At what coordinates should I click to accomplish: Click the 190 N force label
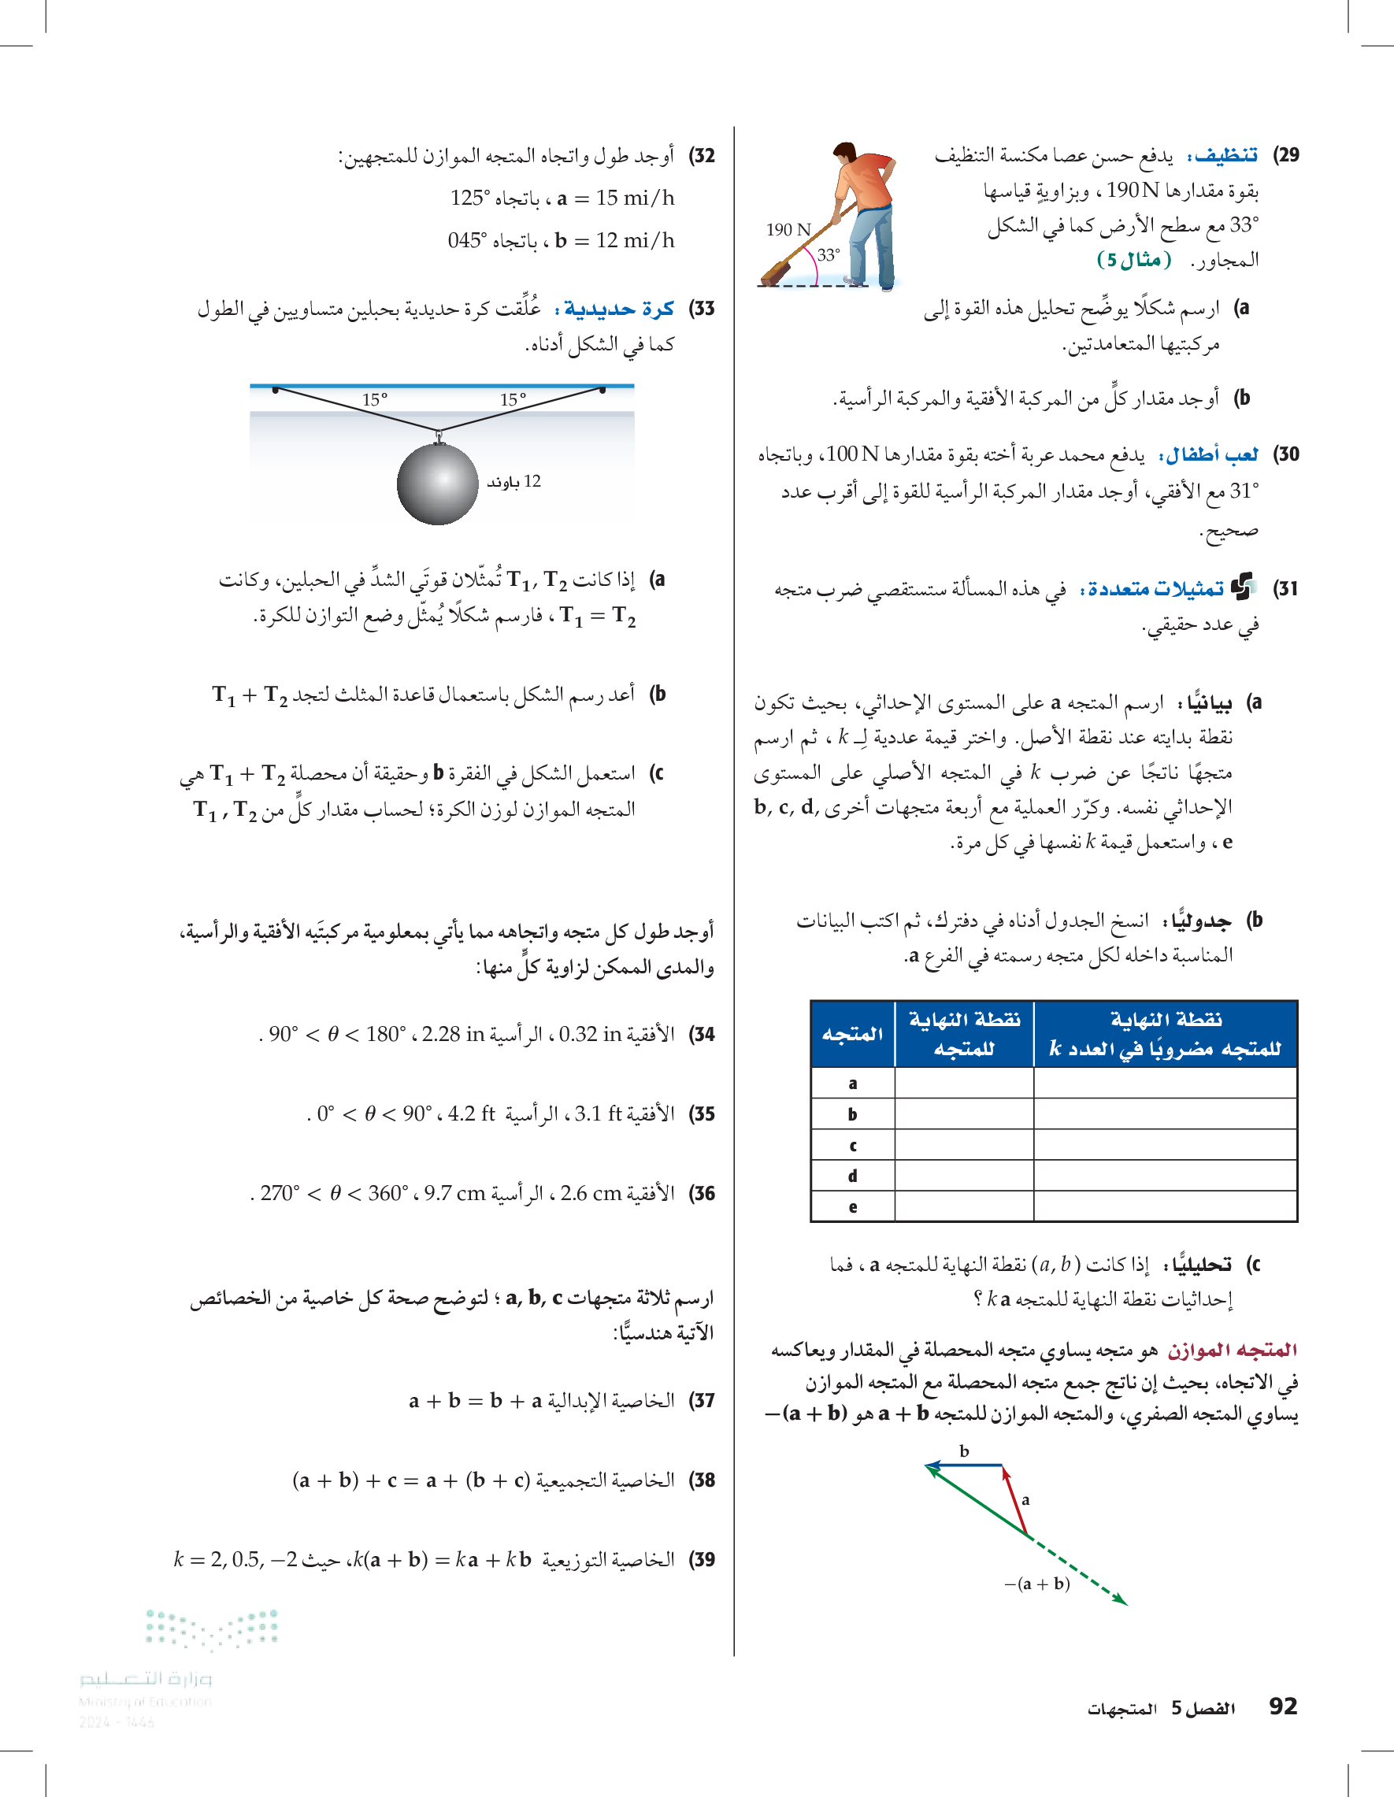pyautogui.click(x=788, y=230)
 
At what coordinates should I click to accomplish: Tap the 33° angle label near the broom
pyautogui.click(x=828, y=256)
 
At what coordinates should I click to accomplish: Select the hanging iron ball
pyautogui.click(x=437, y=484)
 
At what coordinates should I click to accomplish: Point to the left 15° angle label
pyautogui.click(x=374, y=400)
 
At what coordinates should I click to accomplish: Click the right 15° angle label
pyautogui.click(x=513, y=400)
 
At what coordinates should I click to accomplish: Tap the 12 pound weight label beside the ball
pyautogui.click(x=513, y=481)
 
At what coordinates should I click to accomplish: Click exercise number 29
pyautogui.click(x=1285, y=154)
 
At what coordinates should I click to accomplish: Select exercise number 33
pyautogui.click(x=702, y=309)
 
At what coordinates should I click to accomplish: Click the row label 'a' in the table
pyautogui.click(x=852, y=1084)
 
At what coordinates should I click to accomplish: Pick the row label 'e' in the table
pyautogui.click(x=852, y=1207)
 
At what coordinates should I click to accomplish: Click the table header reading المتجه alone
pyautogui.click(x=852, y=1033)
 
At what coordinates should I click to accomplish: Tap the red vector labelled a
pyautogui.click(x=1015, y=1500)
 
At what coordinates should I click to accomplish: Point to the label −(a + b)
pyautogui.click(x=1037, y=1584)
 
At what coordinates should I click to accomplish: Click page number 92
pyautogui.click(x=1283, y=1706)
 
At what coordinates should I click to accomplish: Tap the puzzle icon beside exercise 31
pyautogui.click(x=1242, y=587)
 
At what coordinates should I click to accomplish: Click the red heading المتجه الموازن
pyautogui.click(x=1232, y=1351)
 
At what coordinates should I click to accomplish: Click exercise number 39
pyautogui.click(x=702, y=1559)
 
